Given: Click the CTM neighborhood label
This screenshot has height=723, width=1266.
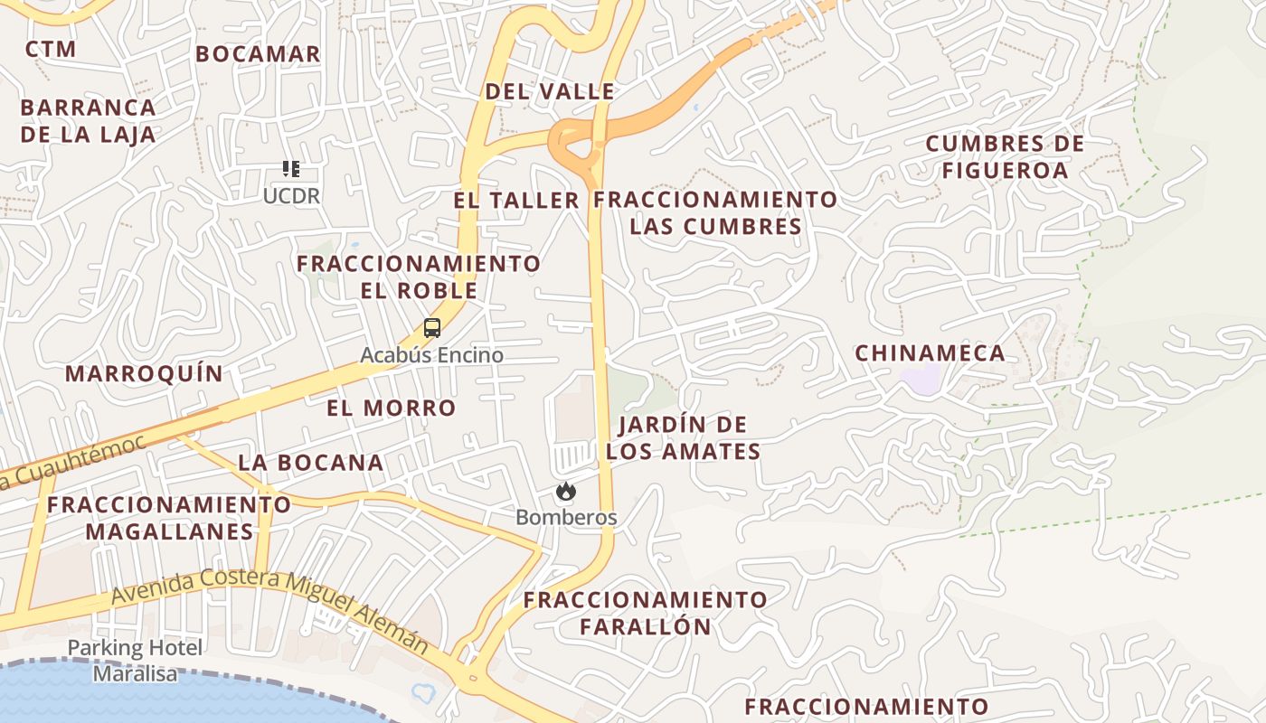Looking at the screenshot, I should tap(51, 49).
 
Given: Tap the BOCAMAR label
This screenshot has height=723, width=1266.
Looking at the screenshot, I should tap(258, 54).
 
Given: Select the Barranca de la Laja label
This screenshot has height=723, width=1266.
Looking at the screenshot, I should tap(88, 121).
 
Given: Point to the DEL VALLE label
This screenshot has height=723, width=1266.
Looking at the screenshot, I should tap(550, 91).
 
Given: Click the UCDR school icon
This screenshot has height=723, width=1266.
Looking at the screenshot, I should tap(290, 168).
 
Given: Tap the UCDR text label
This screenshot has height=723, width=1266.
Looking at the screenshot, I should tap(291, 195).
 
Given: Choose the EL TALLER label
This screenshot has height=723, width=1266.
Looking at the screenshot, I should tap(516, 201).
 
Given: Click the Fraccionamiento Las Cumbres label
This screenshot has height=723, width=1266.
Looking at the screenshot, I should tap(716, 212).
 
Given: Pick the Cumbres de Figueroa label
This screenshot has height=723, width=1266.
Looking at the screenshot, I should tap(1005, 157).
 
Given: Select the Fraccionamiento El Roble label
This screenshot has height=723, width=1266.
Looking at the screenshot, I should tap(420, 277).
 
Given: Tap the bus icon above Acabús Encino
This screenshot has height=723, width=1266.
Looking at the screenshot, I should tap(432, 328).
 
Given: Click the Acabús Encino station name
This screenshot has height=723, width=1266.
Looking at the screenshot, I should tap(432, 355).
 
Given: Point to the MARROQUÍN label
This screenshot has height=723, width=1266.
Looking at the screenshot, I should tap(144, 374).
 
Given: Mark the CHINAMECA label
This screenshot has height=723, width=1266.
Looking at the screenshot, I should tap(930, 353).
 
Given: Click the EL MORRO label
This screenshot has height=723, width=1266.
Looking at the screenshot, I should tap(392, 408).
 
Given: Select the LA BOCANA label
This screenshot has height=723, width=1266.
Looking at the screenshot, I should tap(311, 463).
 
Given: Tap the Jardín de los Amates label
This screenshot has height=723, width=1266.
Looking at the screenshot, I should tap(683, 438).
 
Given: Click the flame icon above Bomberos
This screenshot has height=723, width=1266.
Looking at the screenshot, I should tap(566, 491).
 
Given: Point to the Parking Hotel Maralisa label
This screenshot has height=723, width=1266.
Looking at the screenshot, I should tap(136, 661).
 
